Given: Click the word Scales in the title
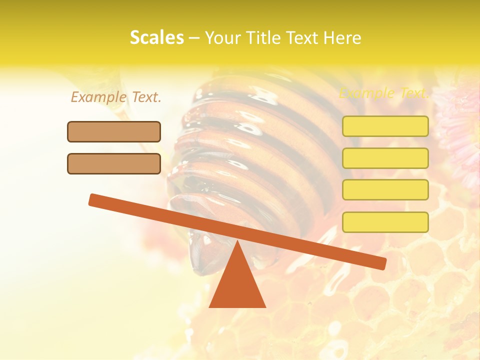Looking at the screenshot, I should (x=156, y=38).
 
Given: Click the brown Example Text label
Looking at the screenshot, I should (x=116, y=97).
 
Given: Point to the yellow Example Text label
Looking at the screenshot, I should (x=384, y=93).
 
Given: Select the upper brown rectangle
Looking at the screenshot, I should (x=114, y=131).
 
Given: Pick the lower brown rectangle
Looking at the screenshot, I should (x=114, y=163).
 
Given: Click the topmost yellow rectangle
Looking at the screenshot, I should (x=385, y=126).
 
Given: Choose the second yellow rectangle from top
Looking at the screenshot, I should (x=385, y=158).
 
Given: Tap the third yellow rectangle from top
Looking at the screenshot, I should (x=385, y=190).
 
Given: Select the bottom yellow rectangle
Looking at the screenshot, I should (x=385, y=222).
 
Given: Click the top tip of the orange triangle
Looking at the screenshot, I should (x=237, y=242).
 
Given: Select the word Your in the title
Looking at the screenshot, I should (x=221, y=38).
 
